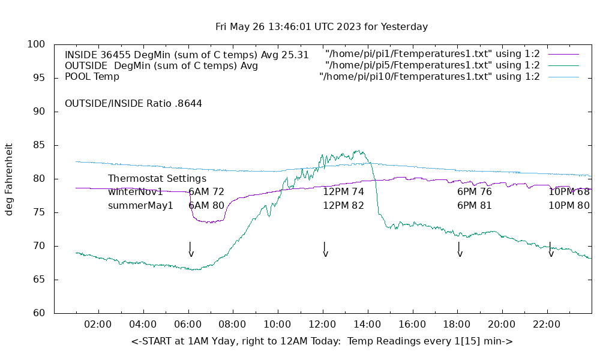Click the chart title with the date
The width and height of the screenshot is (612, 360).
[322, 27]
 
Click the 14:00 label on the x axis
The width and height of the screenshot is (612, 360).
[367, 325]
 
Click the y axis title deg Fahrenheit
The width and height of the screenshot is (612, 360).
[9, 179]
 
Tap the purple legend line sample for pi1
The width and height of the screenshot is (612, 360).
[563, 54]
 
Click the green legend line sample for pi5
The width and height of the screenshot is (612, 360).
[563, 65]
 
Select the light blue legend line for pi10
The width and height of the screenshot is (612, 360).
[563, 77]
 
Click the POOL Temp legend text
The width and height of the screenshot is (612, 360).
[92, 77]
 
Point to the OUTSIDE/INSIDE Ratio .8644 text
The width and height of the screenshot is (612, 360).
[133, 103]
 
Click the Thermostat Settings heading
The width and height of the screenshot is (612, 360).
[157, 179]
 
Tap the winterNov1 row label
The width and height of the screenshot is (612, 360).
[136, 192]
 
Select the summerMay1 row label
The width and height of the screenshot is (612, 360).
[140, 205]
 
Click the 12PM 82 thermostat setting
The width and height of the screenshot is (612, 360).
[343, 205]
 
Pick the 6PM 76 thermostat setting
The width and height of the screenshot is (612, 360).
[474, 192]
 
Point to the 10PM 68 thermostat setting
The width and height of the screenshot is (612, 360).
[569, 192]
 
